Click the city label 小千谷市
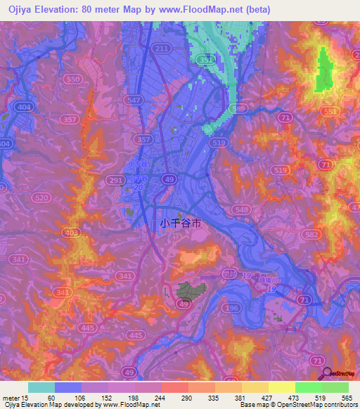181,223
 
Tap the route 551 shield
329,112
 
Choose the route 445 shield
86,327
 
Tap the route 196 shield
230,306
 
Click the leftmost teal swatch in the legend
41,387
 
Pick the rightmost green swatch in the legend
335,387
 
